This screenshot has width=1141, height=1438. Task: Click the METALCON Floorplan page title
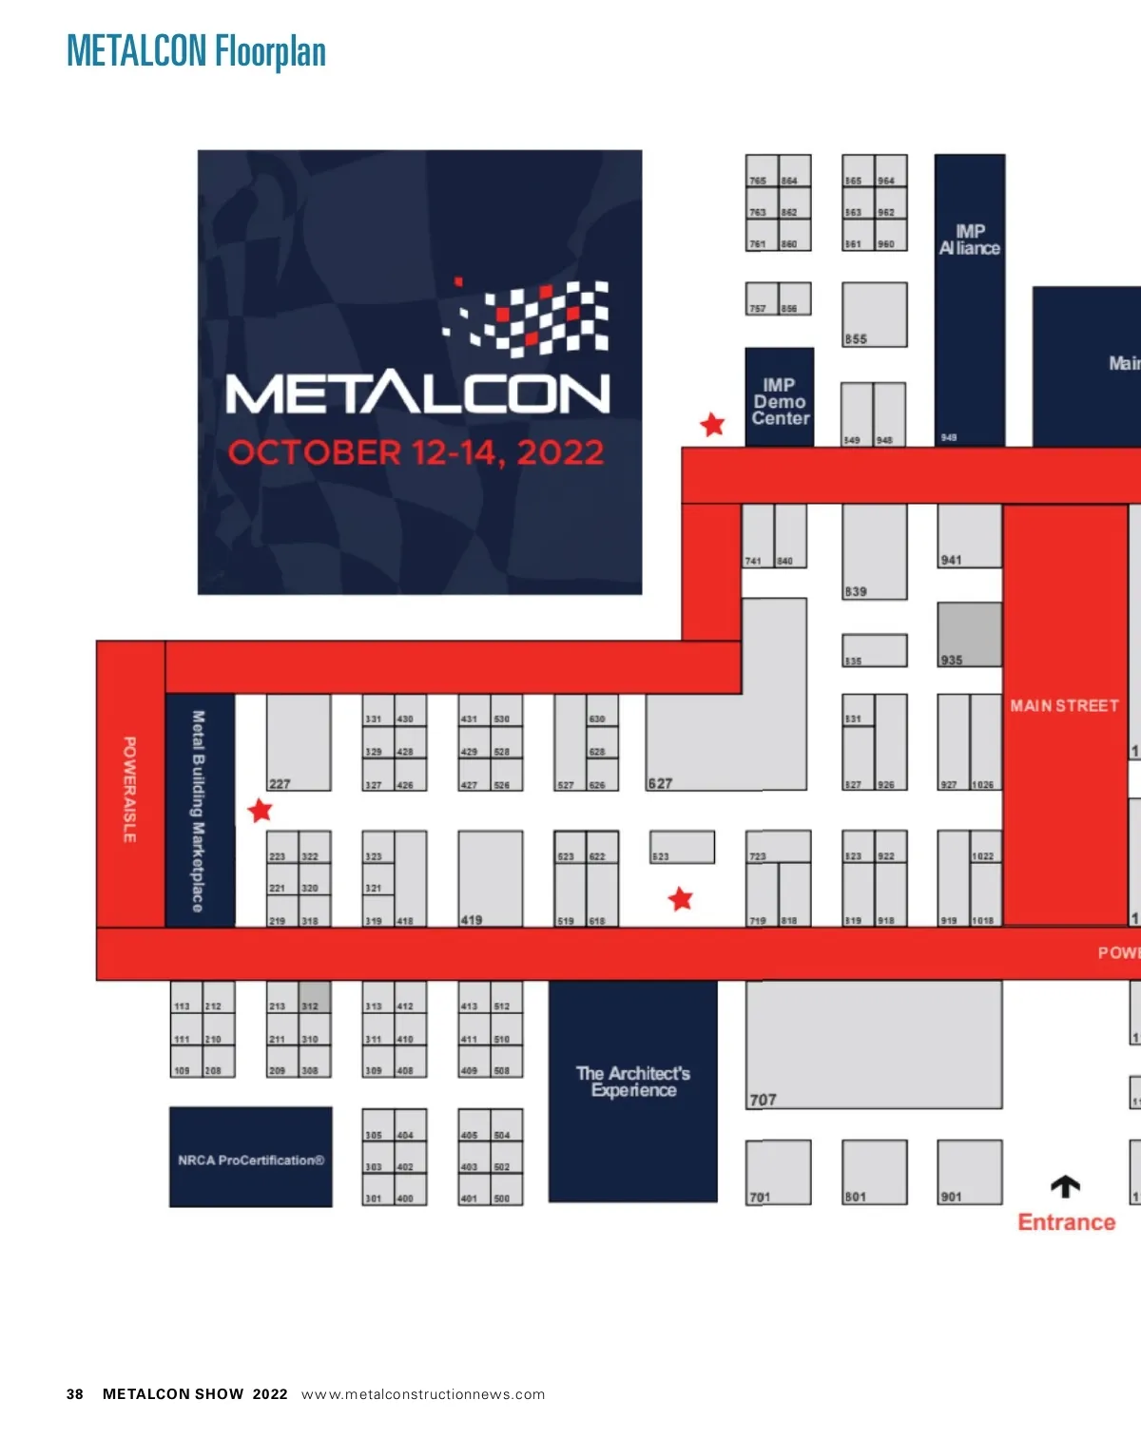(196, 51)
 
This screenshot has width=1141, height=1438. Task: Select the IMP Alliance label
(969, 240)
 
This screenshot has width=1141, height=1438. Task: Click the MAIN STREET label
(1064, 705)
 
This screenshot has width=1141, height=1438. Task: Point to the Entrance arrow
(1065, 1186)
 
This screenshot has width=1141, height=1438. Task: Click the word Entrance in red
(1066, 1222)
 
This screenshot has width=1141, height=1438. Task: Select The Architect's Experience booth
(633, 1082)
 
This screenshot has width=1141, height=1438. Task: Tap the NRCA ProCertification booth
(251, 1160)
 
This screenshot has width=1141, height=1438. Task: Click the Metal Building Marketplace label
(198, 811)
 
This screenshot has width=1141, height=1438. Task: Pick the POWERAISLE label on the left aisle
(129, 789)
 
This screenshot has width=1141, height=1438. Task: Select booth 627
(704, 741)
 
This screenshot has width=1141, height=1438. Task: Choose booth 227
(298, 741)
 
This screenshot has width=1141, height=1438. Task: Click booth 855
(874, 315)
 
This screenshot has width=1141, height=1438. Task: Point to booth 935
(969, 634)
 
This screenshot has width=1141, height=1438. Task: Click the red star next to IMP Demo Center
(712, 425)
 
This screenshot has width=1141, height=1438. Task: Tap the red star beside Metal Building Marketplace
(260, 811)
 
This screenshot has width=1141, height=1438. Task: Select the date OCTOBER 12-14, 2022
(416, 452)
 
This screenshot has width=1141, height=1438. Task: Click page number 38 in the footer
(75, 1394)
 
